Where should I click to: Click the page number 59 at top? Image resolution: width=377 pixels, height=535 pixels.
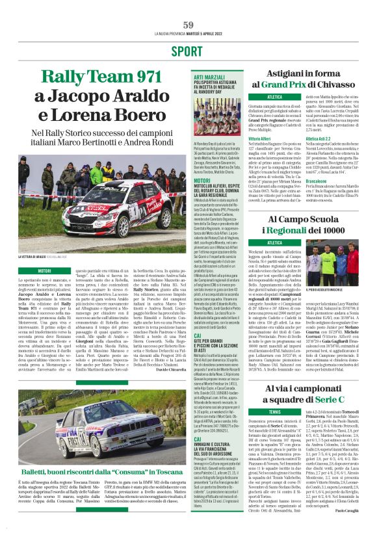188,25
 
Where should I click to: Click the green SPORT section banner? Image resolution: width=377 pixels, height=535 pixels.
188,51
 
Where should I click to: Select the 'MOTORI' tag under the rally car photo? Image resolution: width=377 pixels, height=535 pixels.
45,270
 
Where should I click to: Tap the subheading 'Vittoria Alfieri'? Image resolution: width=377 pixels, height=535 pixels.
259,138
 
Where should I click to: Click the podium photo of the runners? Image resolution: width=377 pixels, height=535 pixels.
334,268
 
